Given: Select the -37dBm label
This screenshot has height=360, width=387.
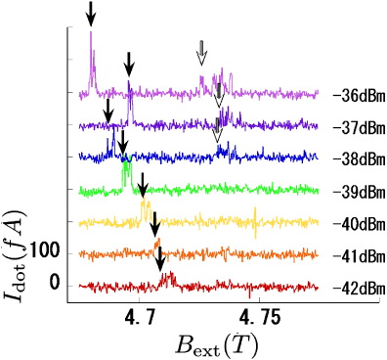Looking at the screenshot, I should [x=353, y=127].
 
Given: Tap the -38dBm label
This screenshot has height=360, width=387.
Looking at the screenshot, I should [x=353, y=158].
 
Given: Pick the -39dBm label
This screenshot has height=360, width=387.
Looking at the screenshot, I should [x=353, y=191].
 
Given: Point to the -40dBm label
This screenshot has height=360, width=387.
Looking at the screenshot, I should [x=353, y=223].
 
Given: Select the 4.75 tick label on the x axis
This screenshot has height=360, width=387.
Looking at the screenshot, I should [x=258, y=318].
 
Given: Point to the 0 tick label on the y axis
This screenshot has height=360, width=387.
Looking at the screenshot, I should [x=54, y=283].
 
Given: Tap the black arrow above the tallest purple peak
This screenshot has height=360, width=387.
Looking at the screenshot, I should [x=91, y=14].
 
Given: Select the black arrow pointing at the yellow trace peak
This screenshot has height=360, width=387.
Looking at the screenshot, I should [x=143, y=184].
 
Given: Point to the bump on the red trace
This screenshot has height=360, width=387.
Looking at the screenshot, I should [x=167, y=277].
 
